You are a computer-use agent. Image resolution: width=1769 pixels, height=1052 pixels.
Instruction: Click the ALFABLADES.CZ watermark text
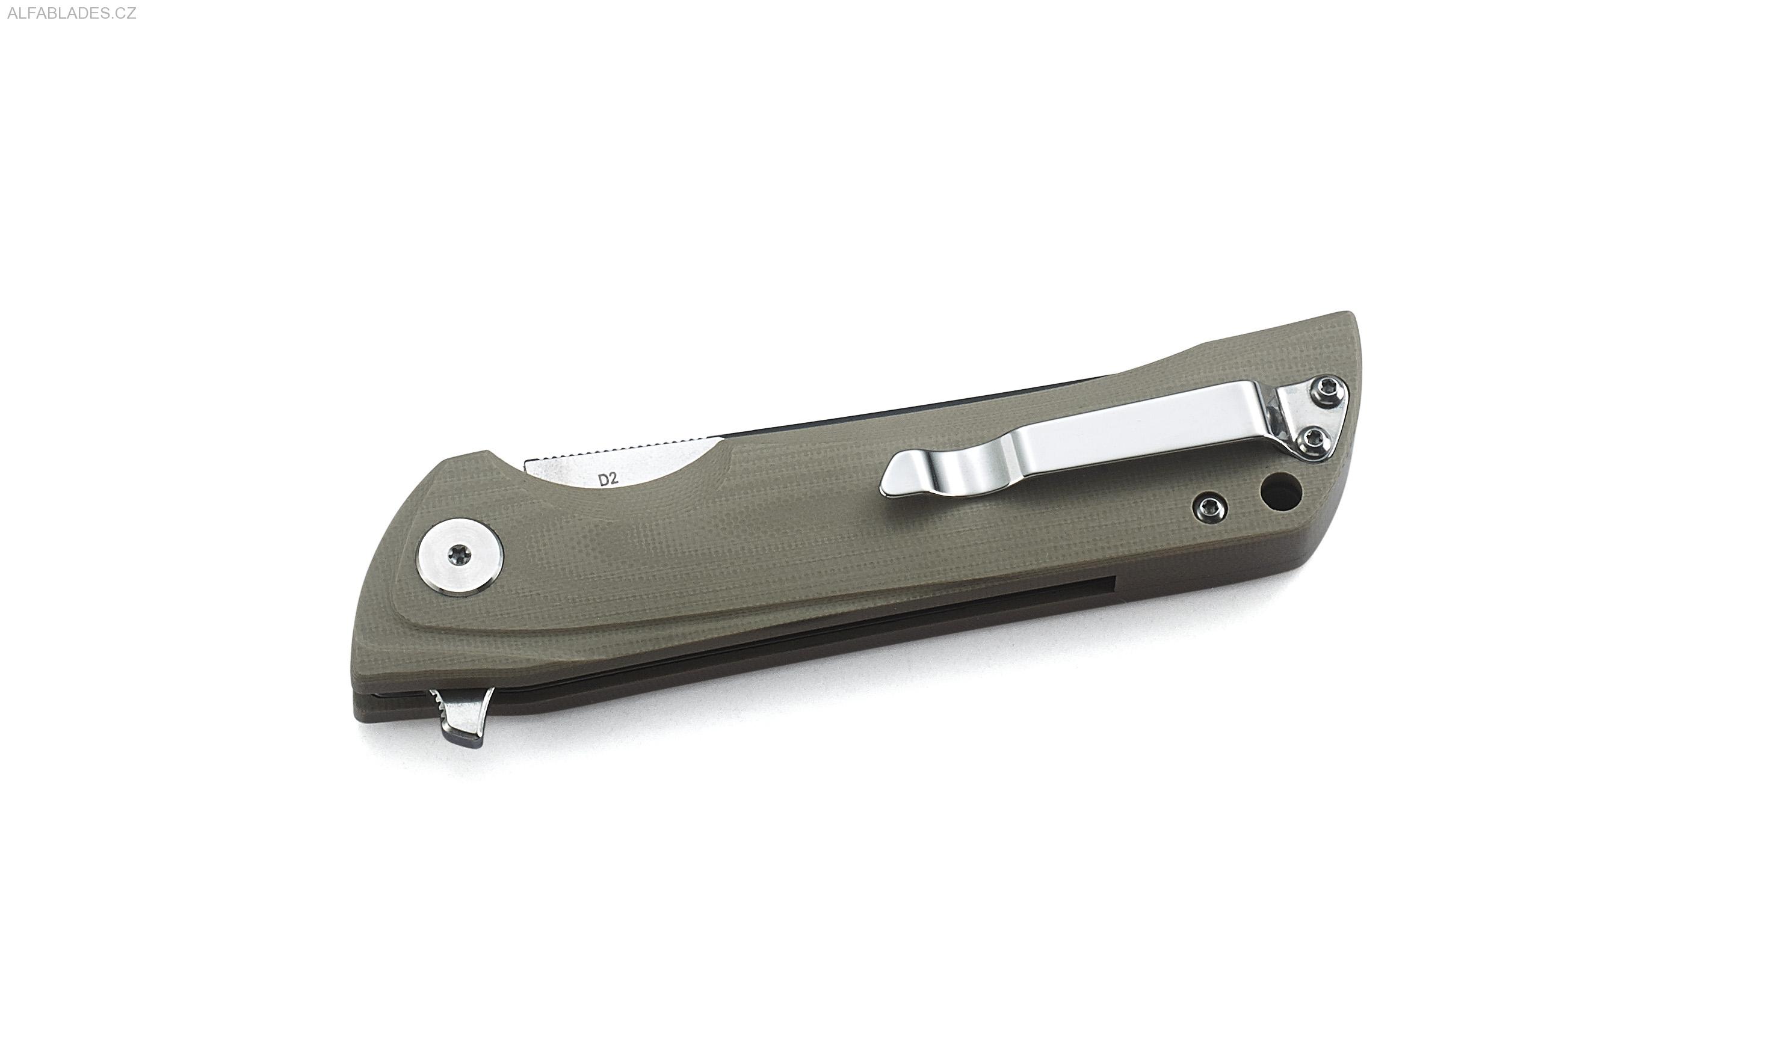click(71, 13)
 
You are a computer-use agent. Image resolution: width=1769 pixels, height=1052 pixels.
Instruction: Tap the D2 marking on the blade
click(608, 479)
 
